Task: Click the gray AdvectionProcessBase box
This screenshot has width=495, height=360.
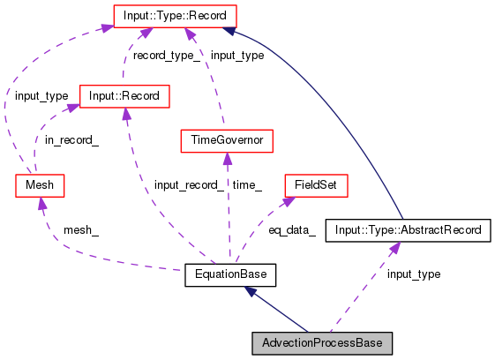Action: pyautogui.click(x=322, y=343)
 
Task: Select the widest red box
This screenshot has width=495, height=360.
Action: pyautogui.click(x=175, y=16)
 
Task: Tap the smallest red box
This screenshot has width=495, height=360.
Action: pyautogui.click(x=40, y=185)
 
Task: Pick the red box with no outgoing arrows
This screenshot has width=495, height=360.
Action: pyautogui.click(x=316, y=185)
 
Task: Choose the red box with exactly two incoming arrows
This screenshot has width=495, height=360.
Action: pyautogui.click(x=124, y=96)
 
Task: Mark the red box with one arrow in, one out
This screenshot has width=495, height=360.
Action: pyautogui.click(x=226, y=141)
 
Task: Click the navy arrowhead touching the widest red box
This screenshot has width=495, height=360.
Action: pyautogui.click(x=229, y=31)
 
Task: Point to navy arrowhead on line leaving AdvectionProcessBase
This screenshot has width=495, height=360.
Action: pyautogui.click(x=251, y=290)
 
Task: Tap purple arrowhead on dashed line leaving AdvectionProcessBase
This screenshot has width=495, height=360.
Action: pyautogui.click(x=394, y=248)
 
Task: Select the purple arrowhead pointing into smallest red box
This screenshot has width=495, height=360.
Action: pyautogui.click(x=41, y=204)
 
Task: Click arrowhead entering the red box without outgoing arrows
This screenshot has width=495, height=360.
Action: pyautogui.click(x=289, y=201)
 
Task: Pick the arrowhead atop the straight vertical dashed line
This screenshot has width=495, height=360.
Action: pyautogui.click(x=228, y=160)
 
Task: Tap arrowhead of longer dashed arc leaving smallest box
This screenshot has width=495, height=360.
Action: pyautogui.click(x=106, y=27)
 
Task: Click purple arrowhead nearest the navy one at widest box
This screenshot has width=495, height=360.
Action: pyautogui.click(x=189, y=34)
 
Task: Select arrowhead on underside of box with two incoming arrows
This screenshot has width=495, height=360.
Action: pyautogui.click(x=126, y=115)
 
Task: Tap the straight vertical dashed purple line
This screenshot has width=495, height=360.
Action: pyautogui.click(x=228, y=212)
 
